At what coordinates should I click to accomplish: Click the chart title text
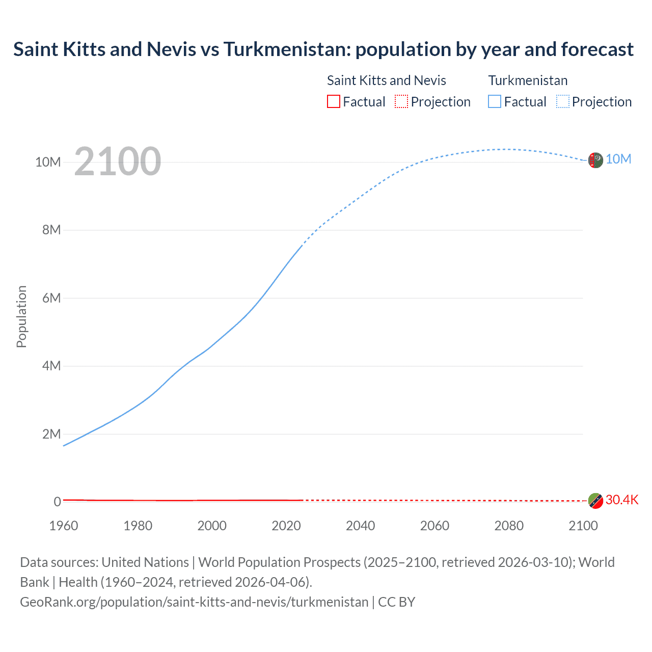(323, 49)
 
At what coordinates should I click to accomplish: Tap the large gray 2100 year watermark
(118, 161)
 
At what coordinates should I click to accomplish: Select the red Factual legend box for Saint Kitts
(333, 102)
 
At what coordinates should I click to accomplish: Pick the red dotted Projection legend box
(401, 102)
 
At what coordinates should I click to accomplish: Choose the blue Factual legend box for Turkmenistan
(495, 102)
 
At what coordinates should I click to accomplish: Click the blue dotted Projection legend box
(563, 102)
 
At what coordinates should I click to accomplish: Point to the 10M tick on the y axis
(48, 162)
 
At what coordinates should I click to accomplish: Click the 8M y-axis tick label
(51, 230)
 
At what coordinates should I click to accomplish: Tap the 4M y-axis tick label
(51, 366)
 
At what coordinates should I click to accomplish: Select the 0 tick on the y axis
(58, 502)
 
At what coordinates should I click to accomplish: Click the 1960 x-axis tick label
(64, 526)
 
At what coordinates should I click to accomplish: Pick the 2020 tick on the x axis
(286, 526)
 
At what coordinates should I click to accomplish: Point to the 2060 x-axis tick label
(434, 526)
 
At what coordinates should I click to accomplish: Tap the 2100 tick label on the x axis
(583, 526)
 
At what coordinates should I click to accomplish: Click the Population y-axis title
(21, 316)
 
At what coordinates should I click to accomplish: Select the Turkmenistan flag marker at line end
(595, 160)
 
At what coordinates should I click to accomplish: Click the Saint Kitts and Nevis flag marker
(595, 501)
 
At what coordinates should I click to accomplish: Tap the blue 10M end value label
(618, 159)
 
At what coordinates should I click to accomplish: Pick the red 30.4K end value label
(622, 500)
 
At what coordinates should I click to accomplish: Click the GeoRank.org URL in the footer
(194, 602)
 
